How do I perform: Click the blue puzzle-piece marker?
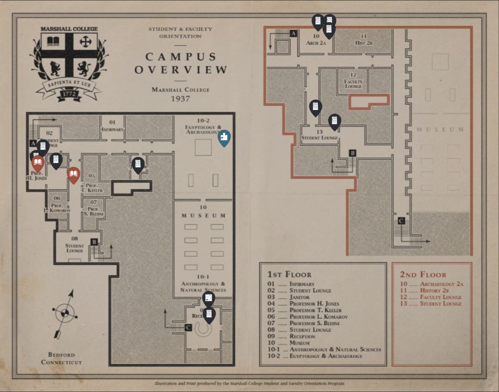pyautogui.click(x=224, y=137)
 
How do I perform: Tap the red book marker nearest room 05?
pyautogui.click(x=73, y=174)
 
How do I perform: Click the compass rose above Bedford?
pyautogui.click(x=65, y=313)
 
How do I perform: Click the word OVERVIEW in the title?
pyautogui.click(x=181, y=70)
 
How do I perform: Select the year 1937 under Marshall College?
pyautogui.click(x=180, y=99)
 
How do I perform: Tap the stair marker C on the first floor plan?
pyautogui.click(x=188, y=328)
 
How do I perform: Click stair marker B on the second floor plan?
pyautogui.click(x=353, y=153)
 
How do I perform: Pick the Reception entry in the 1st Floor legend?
pyautogui.click(x=302, y=336)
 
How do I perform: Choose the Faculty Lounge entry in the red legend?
pyautogui.click(x=440, y=297)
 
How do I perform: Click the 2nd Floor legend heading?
pyautogui.click(x=423, y=275)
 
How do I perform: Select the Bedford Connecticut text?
pyautogui.click(x=61, y=359)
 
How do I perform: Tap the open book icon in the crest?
pyautogui.click(x=53, y=41)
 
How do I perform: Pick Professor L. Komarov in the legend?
pyautogui.click(x=318, y=317)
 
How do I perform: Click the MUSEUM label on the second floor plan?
pyautogui.click(x=440, y=130)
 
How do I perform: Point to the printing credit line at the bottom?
pyautogui.click(x=249, y=384)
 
